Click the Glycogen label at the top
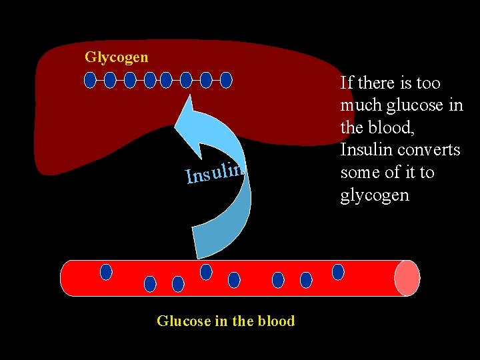pyautogui.click(x=117, y=57)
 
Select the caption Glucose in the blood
pyautogui.click(x=225, y=321)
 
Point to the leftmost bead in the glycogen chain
pyautogui.click(x=90, y=81)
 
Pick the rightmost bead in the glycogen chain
pyautogui.click(x=226, y=81)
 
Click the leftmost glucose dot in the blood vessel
pyautogui.click(x=106, y=272)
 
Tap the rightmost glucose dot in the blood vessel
pyautogui.click(x=338, y=272)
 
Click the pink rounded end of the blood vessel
pyautogui.click(x=407, y=278)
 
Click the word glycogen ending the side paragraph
pyautogui.click(x=375, y=195)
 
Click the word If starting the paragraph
pyautogui.click(x=347, y=83)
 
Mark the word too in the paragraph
pyautogui.click(x=427, y=83)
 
